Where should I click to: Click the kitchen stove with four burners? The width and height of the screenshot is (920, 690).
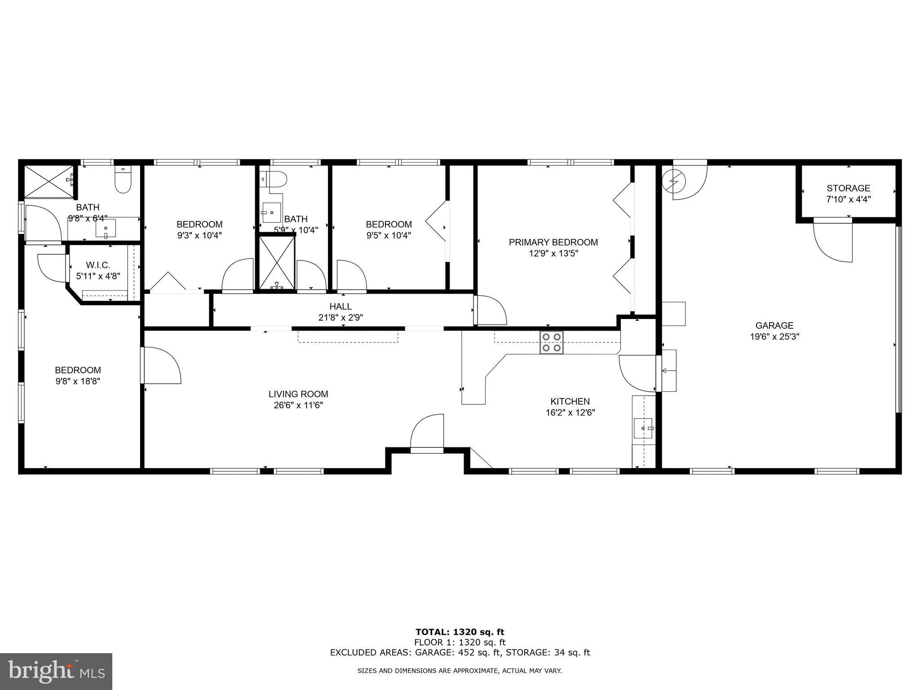click(x=551, y=342)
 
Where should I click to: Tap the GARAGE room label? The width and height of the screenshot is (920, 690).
click(x=774, y=326)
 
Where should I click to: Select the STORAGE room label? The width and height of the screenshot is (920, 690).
click(x=848, y=188)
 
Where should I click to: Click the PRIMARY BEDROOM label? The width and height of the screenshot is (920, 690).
click(x=553, y=243)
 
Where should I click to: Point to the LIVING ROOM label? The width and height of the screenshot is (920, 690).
click(x=298, y=394)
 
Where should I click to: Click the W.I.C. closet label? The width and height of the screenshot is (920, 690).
click(x=98, y=265)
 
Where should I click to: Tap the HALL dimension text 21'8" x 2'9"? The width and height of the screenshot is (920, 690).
click(x=341, y=318)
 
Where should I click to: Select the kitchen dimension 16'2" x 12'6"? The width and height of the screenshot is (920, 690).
click(x=570, y=412)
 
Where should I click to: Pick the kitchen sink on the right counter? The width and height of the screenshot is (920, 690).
click(x=644, y=429)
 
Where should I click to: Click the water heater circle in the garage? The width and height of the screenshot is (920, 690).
click(x=674, y=181)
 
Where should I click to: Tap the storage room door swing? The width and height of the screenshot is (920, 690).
click(x=833, y=243)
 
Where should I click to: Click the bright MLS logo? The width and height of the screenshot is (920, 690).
click(x=56, y=671)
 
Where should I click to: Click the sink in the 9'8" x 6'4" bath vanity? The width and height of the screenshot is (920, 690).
click(x=106, y=228)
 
